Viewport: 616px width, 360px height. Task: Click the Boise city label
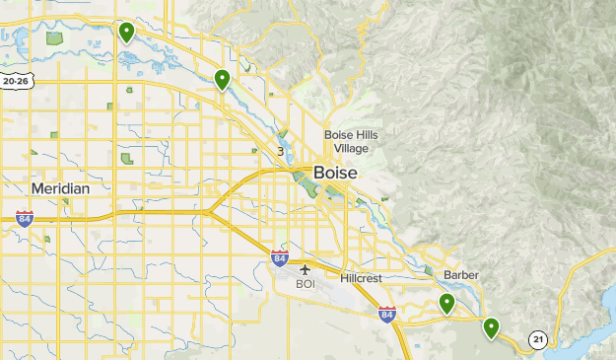point(336,172)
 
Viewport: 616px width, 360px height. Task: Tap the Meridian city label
point(60,188)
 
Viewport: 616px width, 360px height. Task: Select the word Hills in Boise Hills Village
point(360,135)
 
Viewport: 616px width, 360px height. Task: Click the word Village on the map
point(351,148)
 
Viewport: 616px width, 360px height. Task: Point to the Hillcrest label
point(362,279)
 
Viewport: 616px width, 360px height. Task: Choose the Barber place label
point(460,274)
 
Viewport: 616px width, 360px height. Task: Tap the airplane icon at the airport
point(306,268)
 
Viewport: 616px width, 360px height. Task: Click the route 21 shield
point(537,339)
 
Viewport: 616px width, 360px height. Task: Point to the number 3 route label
point(281,151)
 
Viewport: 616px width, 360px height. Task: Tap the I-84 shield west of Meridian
point(25,219)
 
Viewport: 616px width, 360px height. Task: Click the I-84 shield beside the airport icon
point(280,258)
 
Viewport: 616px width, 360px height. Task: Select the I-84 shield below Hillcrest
point(386,315)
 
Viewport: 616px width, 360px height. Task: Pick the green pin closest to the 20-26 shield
point(126,33)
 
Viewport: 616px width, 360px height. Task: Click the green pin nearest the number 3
point(223,79)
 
